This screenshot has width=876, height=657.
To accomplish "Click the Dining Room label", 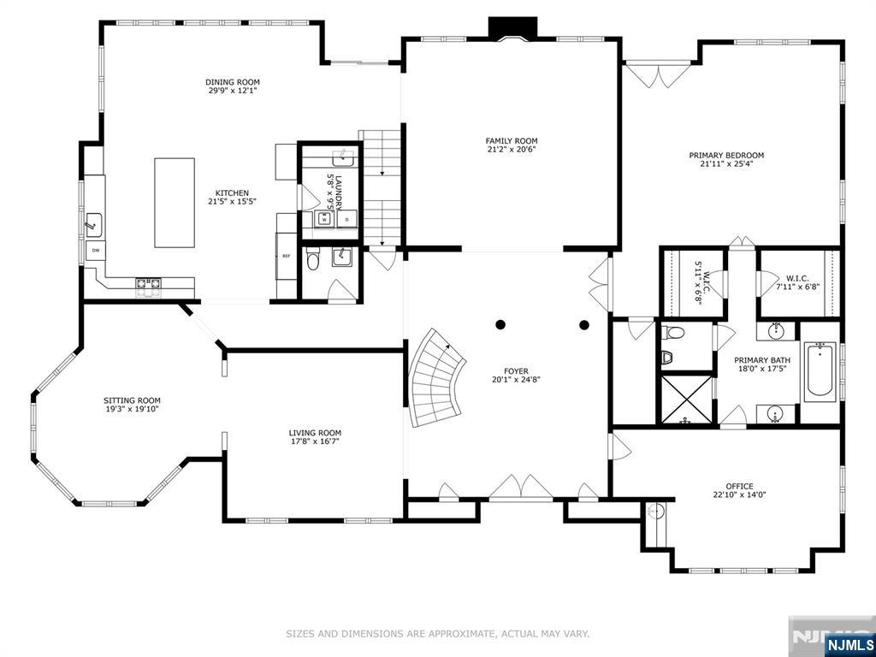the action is (x=233, y=82).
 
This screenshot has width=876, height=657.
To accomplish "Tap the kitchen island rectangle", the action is (x=175, y=203).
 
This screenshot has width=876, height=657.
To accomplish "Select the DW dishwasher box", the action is (x=96, y=251).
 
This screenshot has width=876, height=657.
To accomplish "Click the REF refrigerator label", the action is (x=286, y=256).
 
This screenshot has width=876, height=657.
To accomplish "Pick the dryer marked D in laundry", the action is (x=347, y=220).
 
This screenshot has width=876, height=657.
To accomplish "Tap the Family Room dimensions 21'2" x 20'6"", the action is (x=512, y=149).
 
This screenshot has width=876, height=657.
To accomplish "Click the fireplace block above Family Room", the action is (x=513, y=27).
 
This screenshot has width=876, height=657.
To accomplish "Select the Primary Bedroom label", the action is (x=726, y=156).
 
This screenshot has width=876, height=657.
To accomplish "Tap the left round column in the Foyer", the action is (x=500, y=324).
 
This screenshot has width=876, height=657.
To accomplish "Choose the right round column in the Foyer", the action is (x=584, y=324).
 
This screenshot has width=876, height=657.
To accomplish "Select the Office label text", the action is (x=740, y=486).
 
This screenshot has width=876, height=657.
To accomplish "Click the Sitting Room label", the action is (x=132, y=400).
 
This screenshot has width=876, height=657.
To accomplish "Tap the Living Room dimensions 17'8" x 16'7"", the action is (x=315, y=441).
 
